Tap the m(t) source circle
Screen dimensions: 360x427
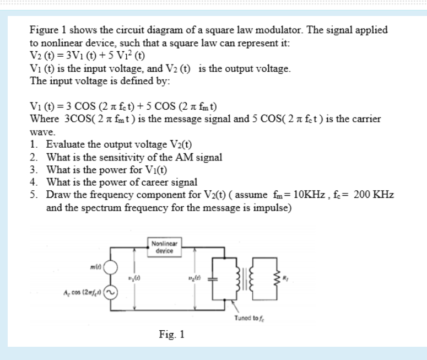click(x=112, y=267)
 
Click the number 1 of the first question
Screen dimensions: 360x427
click(x=34, y=145)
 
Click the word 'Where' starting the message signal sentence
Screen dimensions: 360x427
click(x=44, y=119)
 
